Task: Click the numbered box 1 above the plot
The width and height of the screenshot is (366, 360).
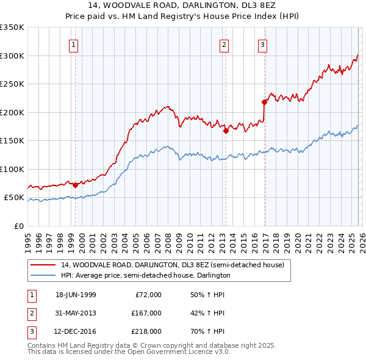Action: click(73, 44)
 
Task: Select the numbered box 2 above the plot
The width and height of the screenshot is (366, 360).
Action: click(224, 44)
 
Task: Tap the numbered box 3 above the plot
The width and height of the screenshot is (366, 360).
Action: click(262, 44)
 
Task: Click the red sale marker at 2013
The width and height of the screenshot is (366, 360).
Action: click(226, 131)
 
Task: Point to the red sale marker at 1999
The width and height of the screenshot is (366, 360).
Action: click(76, 185)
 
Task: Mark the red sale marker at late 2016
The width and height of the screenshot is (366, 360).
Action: click(264, 102)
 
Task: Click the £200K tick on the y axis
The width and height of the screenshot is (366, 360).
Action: click(12, 112)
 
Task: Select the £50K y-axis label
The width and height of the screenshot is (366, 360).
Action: click(14, 198)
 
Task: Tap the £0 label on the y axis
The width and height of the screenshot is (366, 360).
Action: click(19, 226)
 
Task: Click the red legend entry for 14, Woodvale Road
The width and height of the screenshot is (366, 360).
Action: click(172, 265)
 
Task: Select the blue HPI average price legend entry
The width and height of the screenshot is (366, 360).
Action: click(145, 275)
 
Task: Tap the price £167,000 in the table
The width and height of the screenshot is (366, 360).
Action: click(146, 313)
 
